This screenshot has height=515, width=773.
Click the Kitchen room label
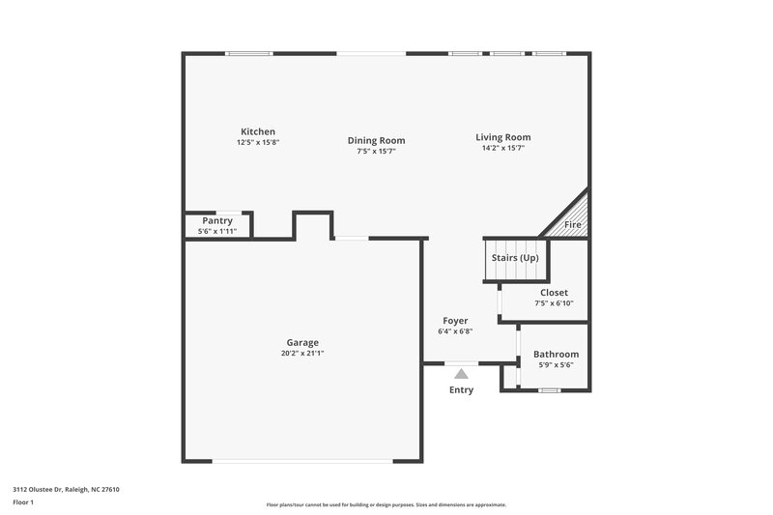(258, 131)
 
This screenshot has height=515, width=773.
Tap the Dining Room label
(376, 140)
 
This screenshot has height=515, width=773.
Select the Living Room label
(502, 137)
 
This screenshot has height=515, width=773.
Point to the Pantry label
(217, 221)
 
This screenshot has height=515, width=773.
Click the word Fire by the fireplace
(573, 225)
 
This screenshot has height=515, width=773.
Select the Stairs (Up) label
(515, 258)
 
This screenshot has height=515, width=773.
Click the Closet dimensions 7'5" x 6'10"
(554, 303)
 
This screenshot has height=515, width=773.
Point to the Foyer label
(455, 321)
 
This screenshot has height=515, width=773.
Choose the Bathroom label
(556, 354)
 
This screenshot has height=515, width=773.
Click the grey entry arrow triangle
(462, 373)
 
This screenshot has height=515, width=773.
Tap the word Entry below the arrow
(462, 390)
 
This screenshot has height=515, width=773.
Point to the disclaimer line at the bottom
(386, 504)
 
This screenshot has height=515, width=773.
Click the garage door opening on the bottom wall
(302, 461)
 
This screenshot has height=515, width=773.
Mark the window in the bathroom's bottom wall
(549, 390)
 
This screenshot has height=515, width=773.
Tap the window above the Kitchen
(249, 53)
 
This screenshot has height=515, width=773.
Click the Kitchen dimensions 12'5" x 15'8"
(258, 142)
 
